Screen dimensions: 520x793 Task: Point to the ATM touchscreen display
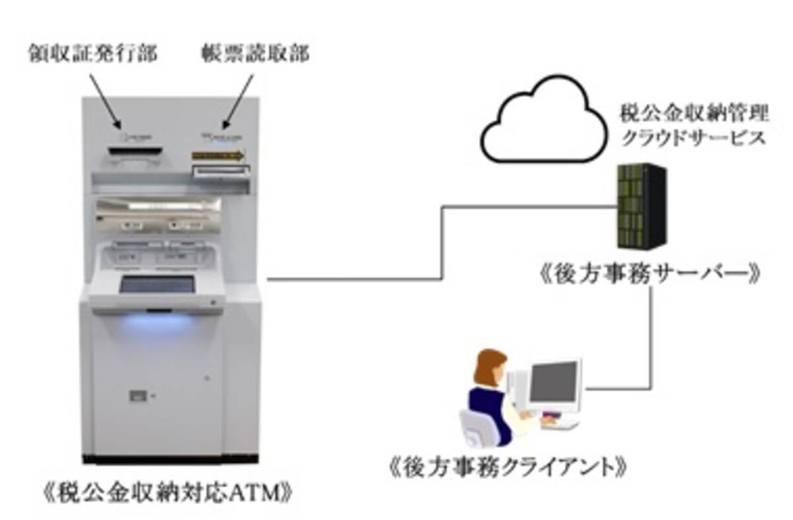click(157, 284)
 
